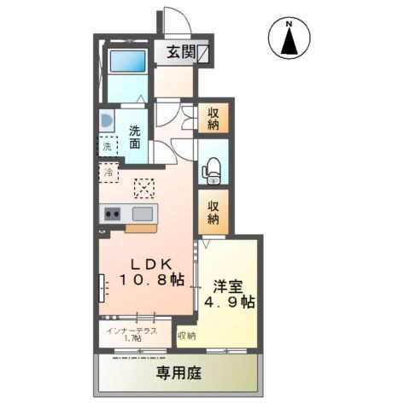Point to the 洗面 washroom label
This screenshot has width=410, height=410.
[x=137, y=137]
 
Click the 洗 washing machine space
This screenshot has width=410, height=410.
[x=107, y=147]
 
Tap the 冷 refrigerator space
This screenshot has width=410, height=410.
[x=108, y=173]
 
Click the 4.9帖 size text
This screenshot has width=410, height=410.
[x=225, y=302]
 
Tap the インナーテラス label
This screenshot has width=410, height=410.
[x=132, y=330]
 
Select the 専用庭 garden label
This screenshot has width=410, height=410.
[x=179, y=373]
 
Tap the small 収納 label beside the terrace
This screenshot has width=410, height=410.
[x=186, y=336]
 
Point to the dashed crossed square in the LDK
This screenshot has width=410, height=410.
[x=144, y=186]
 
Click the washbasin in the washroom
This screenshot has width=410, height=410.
[x=105, y=120]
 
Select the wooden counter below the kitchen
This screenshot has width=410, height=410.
[x=141, y=228]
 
